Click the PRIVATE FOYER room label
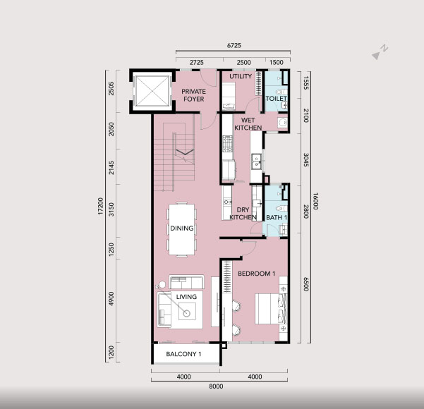(x=193, y=95)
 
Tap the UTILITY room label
(x=241, y=76)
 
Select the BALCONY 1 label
(x=183, y=354)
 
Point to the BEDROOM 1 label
(x=256, y=274)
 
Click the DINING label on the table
(x=182, y=228)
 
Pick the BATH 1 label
(x=277, y=217)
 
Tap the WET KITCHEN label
(x=248, y=124)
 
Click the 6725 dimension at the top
(x=234, y=45)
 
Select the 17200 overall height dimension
(x=101, y=206)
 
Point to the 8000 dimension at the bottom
(x=216, y=386)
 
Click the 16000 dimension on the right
(x=315, y=201)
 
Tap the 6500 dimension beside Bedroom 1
(x=306, y=284)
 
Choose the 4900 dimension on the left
(x=111, y=298)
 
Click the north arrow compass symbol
(x=380, y=52)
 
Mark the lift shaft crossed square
(x=152, y=91)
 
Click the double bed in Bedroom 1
(x=271, y=309)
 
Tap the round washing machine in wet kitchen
(x=283, y=122)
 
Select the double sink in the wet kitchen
(x=256, y=161)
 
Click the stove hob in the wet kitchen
(x=227, y=144)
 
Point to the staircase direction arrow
(x=185, y=152)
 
